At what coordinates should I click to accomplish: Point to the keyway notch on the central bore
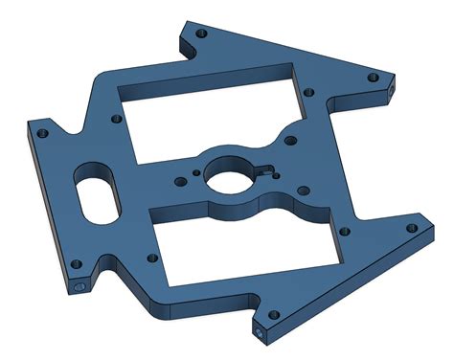260,173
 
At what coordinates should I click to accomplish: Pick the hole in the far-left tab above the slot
41,133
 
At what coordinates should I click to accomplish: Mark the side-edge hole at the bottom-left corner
78,286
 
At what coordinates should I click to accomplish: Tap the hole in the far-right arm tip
411,229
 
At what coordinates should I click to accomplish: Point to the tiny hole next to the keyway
276,172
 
